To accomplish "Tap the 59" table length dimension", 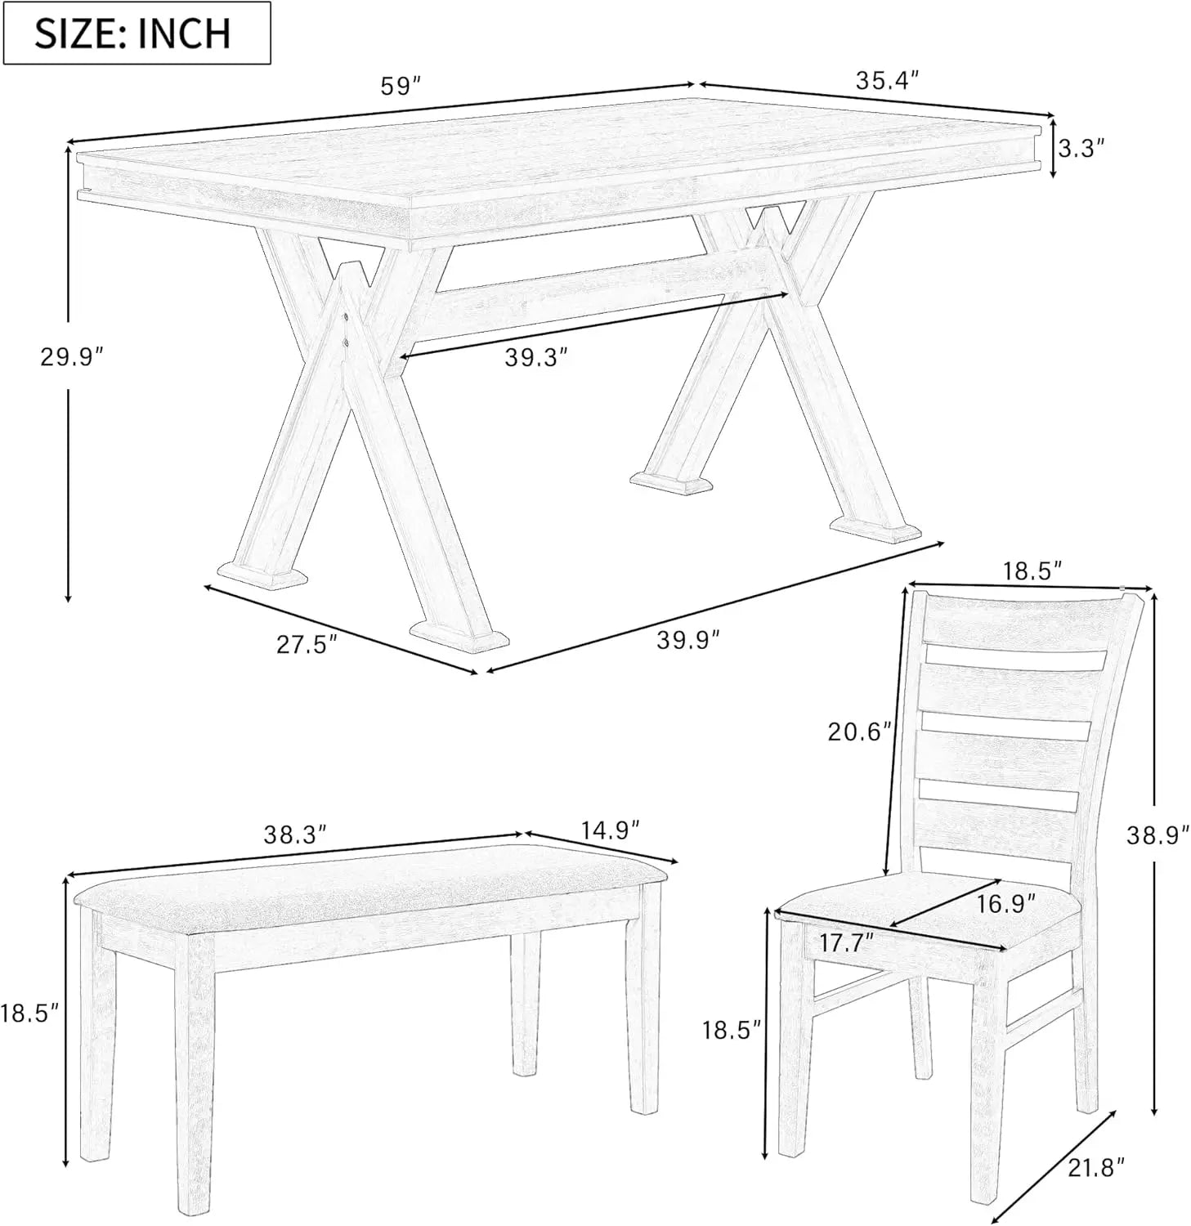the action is click(401, 85).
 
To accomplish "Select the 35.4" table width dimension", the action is click(888, 80).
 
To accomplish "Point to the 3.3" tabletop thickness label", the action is click(1081, 148).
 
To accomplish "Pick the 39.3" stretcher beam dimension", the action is click(536, 357).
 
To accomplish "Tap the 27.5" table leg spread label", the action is click(307, 645).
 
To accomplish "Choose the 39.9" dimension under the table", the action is click(688, 639).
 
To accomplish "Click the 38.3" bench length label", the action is click(295, 834).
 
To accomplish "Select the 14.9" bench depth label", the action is click(610, 830).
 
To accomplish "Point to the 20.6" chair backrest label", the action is click(859, 731).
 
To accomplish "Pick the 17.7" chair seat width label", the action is click(848, 942).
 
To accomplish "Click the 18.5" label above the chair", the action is click(1032, 570).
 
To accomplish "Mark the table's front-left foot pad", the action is click(263, 575).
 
